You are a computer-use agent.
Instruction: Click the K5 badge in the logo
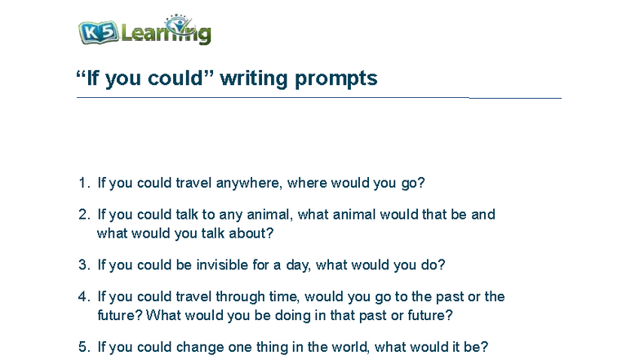(99, 33)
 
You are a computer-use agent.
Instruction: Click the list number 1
(83, 183)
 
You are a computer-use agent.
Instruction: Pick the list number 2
(83, 215)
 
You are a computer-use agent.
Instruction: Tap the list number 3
(83, 265)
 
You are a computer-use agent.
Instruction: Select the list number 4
(83, 297)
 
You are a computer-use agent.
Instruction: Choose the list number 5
(83, 347)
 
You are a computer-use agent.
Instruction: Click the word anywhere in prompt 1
(250, 183)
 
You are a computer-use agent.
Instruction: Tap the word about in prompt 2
(251, 233)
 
